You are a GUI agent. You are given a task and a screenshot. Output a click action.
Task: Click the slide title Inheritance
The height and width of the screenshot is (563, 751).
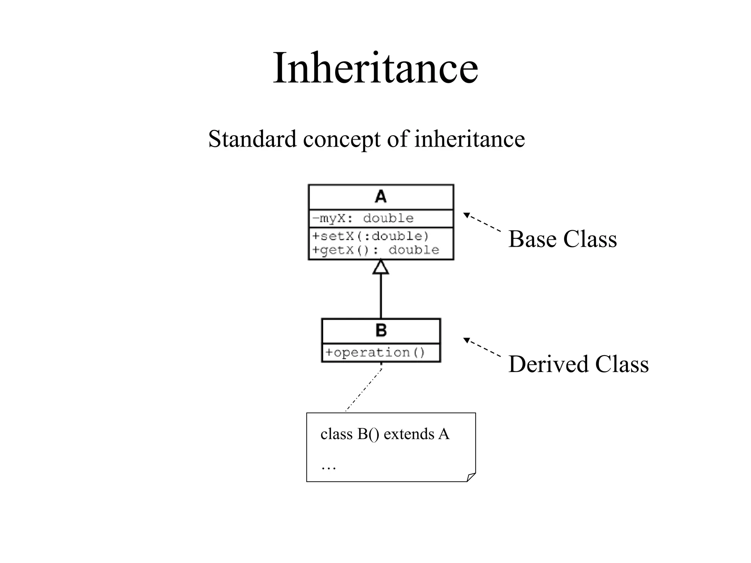click(375, 68)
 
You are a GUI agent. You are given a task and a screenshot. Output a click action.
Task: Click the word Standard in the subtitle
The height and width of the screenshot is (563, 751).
click(252, 139)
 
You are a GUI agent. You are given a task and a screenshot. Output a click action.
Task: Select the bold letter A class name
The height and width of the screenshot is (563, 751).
click(381, 197)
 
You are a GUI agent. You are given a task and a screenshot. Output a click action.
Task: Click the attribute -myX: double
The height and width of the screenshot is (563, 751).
click(363, 219)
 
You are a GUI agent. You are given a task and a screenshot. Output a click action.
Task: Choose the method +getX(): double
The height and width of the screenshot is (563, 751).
click(375, 250)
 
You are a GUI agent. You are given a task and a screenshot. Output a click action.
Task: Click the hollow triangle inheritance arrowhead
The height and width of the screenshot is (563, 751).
click(381, 268)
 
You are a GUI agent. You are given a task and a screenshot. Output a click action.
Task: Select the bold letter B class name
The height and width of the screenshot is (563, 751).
click(381, 331)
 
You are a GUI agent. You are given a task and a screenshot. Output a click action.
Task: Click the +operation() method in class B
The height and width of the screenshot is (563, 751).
click(375, 353)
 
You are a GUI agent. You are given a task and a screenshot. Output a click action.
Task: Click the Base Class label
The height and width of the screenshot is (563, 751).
click(562, 239)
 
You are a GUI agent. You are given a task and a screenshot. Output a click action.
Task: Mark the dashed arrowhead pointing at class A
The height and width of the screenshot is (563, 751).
click(466, 215)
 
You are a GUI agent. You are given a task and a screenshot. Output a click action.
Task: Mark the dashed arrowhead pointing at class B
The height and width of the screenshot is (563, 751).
click(466, 340)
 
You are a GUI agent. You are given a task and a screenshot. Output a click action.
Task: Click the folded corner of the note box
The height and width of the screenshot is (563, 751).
click(471, 477)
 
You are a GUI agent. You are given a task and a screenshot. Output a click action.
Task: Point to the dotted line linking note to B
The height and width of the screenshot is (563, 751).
click(363, 390)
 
